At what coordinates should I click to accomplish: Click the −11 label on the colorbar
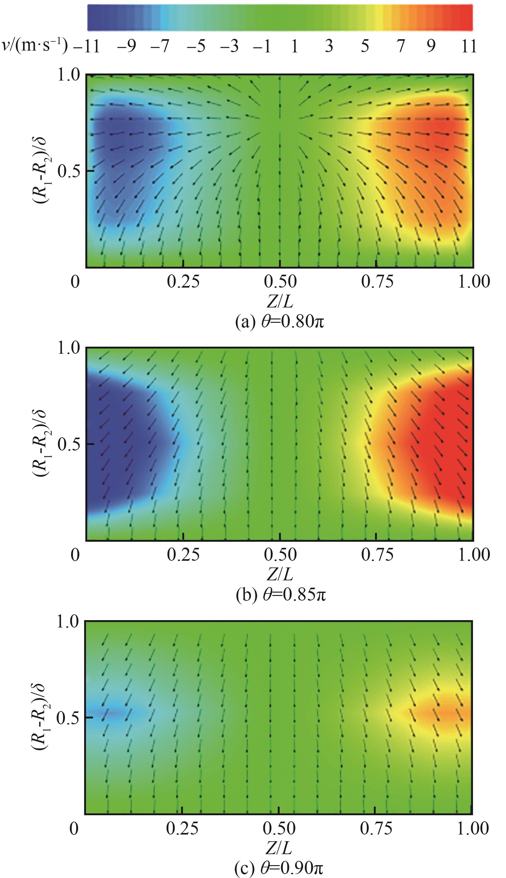coord(87,46)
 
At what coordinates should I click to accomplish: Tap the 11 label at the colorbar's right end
coord(468,46)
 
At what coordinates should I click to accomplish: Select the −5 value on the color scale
coord(196,46)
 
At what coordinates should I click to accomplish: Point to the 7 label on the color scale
coord(401,46)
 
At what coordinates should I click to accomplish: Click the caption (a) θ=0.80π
coord(279,322)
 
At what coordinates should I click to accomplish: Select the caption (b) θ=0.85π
coord(280,594)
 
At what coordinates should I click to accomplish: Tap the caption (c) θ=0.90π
coord(279,867)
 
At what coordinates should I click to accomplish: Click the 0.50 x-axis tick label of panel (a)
coord(280,281)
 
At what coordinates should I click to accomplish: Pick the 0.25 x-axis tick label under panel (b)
coord(183,555)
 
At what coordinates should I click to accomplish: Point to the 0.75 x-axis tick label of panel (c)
coord(376,827)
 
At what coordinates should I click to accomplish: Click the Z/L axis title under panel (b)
coord(279,574)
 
